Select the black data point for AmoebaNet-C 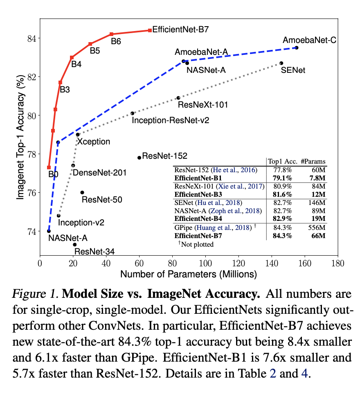pos(297,48)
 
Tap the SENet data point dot pos(281,63)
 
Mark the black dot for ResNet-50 pos(82,192)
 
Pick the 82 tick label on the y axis pos(31,76)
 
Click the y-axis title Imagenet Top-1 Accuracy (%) pos(20,140)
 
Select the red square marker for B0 pos(49,167)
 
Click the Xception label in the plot pos(94,142)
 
